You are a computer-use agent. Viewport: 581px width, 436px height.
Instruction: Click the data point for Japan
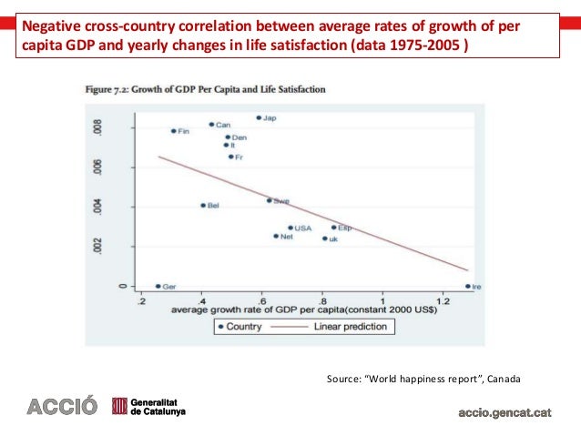[x=259, y=117]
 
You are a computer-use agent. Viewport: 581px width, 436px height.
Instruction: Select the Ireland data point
[x=467, y=286]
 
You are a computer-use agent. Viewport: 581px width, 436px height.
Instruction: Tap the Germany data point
[x=158, y=286]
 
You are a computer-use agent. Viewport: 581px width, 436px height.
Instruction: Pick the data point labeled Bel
[x=203, y=206]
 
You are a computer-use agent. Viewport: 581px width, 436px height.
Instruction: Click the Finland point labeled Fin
[x=173, y=131]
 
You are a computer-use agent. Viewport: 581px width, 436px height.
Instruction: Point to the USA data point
[x=290, y=228]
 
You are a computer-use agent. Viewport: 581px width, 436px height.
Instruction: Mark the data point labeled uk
[x=324, y=238]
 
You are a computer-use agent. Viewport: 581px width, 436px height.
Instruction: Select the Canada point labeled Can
[x=211, y=125]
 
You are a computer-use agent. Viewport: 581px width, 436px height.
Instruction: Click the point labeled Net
[x=276, y=236]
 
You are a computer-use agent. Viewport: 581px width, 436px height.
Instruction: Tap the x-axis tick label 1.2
[x=443, y=300]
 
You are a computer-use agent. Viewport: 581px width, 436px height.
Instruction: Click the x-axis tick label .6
[x=261, y=300]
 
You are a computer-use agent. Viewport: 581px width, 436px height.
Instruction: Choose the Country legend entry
[x=242, y=326]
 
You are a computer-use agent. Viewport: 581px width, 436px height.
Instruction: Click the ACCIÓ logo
[x=58, y=407]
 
